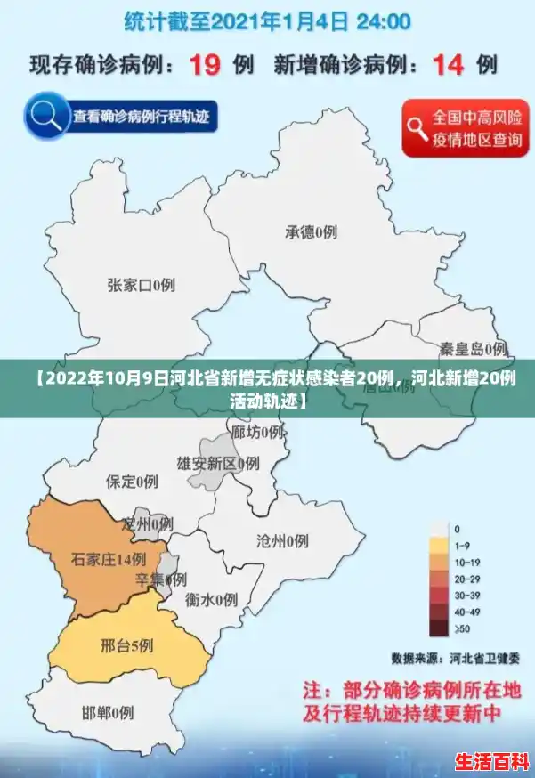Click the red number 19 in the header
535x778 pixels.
[207, 65]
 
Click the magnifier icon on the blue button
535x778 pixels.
[47, 116]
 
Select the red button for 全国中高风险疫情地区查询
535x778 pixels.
[465, 128]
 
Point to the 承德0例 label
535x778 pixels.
[311, 232]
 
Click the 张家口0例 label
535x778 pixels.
[141, 285]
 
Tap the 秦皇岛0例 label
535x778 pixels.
[474, 348]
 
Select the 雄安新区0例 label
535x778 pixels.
[217, 463]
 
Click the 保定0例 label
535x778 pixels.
[132, 482]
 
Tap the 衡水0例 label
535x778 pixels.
[211, 599]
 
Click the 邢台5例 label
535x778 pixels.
[126, 644]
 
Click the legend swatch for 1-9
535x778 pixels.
[438, 545]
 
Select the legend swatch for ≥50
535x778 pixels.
[438, 629]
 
